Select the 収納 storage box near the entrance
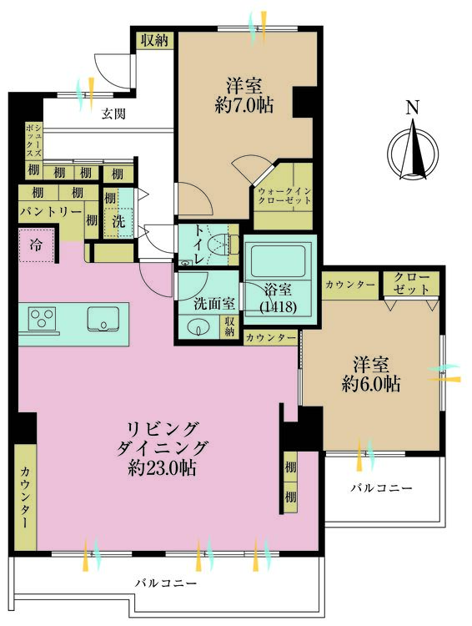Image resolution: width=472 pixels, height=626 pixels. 154,39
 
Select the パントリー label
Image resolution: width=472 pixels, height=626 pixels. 50,211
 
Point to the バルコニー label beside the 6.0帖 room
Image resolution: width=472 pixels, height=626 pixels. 381,487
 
